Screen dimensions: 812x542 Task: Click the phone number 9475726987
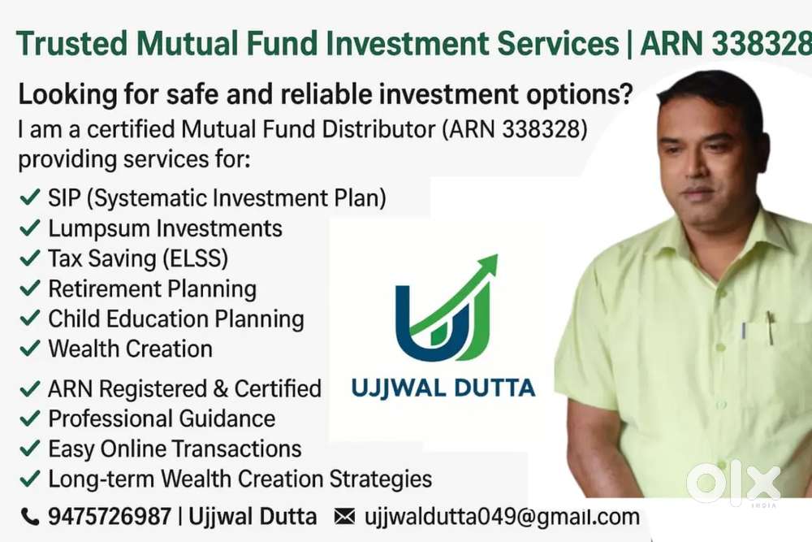110,517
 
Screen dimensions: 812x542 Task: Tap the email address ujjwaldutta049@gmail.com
502,517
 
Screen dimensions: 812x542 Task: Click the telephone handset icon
29,517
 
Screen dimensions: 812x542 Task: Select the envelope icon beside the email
345,517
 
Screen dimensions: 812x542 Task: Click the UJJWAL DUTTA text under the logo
443,388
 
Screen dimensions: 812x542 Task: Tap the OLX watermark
733,483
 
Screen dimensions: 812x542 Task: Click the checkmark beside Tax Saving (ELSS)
29,258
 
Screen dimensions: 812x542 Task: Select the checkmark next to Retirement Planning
29,288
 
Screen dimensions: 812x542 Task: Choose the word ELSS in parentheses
195,258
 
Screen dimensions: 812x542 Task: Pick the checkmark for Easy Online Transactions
29,448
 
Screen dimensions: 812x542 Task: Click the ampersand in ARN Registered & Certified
220,388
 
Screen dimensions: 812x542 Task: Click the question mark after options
625,94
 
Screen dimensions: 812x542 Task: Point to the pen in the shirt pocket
771,327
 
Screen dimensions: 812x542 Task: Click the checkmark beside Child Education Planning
29,318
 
